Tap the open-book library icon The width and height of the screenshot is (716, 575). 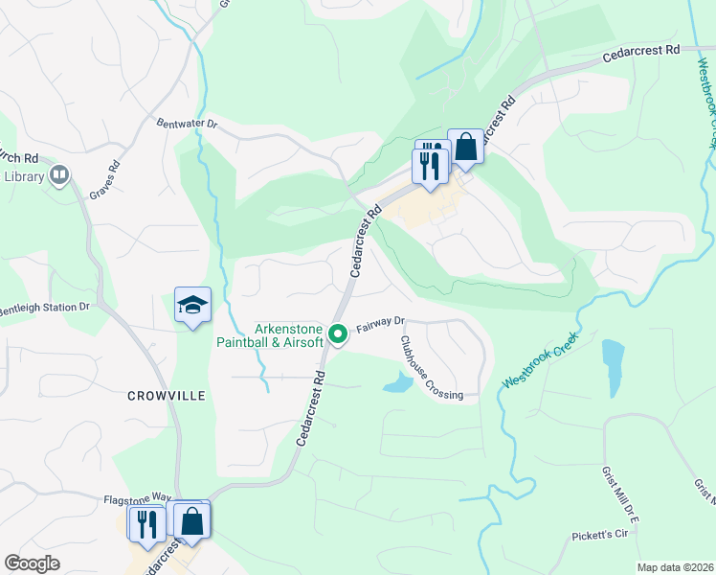59,174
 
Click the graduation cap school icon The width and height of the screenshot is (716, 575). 192,305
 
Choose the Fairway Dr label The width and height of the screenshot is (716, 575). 381,326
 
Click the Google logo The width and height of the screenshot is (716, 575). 33,563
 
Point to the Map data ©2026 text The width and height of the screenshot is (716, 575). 674,567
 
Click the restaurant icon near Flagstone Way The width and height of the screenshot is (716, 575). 146,524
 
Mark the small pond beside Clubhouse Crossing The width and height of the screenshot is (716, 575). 398,385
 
